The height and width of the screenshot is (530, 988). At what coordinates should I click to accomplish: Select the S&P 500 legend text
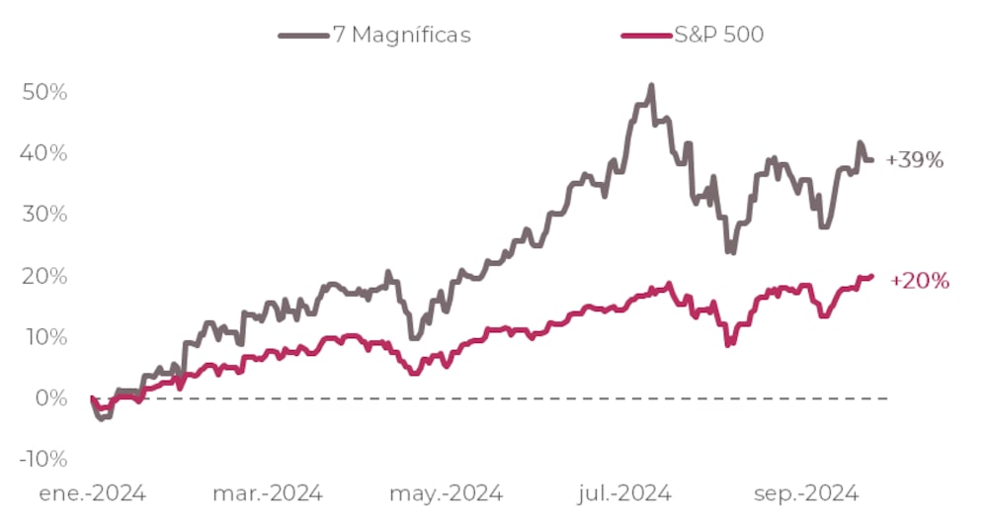[719, 35]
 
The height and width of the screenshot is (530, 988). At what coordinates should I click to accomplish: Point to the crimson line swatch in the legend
[645, 36]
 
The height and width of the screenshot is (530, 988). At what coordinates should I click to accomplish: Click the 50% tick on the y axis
[43, 92]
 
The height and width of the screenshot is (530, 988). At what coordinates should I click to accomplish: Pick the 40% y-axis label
[43, 153]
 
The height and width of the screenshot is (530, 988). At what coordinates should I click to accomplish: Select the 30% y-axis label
[43, 215]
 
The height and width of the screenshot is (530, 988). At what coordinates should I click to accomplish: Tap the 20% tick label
[43, 276]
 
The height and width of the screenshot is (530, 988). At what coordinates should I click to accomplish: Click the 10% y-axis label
[43, 337]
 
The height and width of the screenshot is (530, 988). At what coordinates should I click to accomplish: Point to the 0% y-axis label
[49, 398]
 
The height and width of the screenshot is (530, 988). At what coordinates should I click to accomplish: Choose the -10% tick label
[41, 460]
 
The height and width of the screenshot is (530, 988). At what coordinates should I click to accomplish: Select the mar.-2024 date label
[267, 492]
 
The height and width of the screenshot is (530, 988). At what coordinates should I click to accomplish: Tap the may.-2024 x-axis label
[447, 492]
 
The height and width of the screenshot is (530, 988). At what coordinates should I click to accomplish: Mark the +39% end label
[915, 160]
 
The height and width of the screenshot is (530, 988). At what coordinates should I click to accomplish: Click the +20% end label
[920, 282]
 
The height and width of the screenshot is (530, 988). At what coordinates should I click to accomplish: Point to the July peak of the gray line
[651, 86]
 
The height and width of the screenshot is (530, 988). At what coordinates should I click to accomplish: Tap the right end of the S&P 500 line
[872, 276]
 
